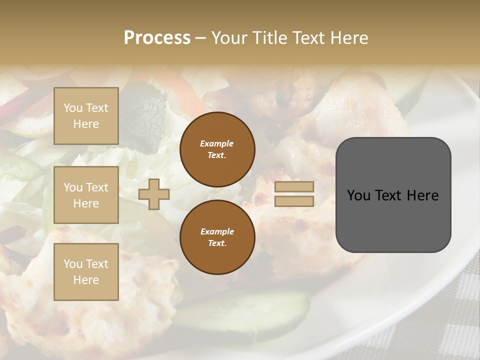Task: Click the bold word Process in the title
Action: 157,37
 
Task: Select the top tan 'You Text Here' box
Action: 86,116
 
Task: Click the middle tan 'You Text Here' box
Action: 86,195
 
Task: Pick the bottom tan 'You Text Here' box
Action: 86,272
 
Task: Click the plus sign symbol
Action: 154,194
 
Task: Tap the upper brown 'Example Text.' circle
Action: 217,149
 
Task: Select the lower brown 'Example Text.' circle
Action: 217,237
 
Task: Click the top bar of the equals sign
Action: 294,187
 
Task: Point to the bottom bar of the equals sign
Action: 294,201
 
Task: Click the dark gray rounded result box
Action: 393,220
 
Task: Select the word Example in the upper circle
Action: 217,144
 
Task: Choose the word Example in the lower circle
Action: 217,231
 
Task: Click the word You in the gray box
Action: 359,195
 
